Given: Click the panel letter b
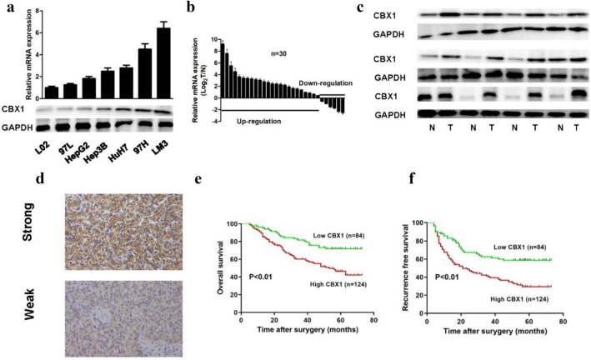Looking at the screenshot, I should click(191, 8).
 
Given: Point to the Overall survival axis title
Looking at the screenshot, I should click(218, 266).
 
